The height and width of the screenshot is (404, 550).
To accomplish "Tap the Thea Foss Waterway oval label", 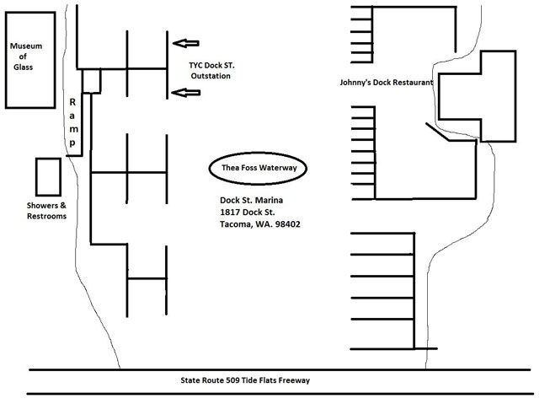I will pyautogui.click(x=259, y=168).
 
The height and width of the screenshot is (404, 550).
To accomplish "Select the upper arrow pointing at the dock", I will pyautogui.click(x=186, y=42).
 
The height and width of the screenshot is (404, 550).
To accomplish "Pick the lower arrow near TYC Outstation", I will pyautogui.click(x=186, y=92).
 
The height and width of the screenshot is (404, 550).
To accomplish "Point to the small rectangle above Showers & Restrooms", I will pyautogui.click(x=46, y=176).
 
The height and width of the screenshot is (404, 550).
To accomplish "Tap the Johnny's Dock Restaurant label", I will pyautogui.click(x=383, y=83).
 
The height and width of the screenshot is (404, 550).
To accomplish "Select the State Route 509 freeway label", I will pyautogui.click(x=245, y=380).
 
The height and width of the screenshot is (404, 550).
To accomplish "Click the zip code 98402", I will pyautogui.click(x=287, y=224).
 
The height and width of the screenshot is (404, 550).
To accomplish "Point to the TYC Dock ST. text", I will pyautogui.click(x=210, y=63).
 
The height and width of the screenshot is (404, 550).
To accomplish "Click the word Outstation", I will pyautogui.click(x=210, y=76).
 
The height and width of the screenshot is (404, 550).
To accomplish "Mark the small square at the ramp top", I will pyautogui.click(x=92, y=80).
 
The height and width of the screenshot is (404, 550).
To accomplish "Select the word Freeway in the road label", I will pyautogui.click(x=291, y=380).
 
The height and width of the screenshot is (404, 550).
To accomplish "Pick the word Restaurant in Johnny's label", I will pyautogui.click(x=410, y=83).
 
